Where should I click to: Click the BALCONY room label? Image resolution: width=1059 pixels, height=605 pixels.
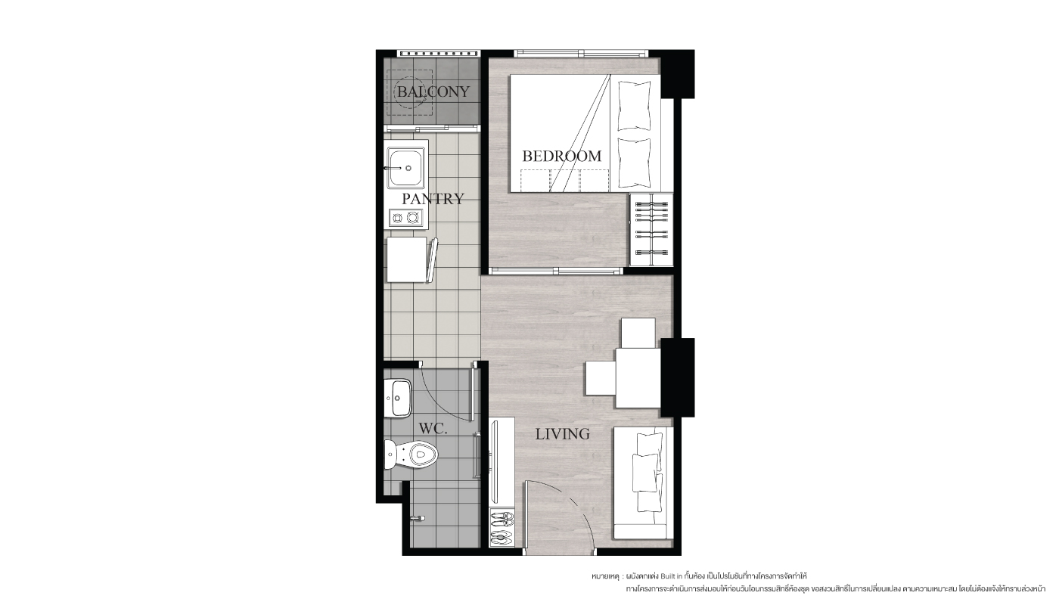pos(433,92)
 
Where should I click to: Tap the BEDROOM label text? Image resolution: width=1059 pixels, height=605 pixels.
pos(561,156)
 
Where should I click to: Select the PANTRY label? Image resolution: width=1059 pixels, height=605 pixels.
pos(433,199)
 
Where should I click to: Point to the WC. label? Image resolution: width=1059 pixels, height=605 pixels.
pos(433,429)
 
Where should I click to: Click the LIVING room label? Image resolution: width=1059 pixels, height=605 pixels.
pos(562,434)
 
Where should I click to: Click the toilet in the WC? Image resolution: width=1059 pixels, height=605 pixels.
pos(410,455)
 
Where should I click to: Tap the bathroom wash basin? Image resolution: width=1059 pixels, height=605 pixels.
pos(398,398)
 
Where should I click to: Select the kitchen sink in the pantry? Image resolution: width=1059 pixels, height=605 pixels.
pos(405,168)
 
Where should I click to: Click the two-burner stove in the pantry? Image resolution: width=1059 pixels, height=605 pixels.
pos(405,218)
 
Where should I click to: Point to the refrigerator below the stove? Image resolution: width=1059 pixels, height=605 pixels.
pos(407,259)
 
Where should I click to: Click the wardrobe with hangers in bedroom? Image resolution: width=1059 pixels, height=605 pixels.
pos(651,229)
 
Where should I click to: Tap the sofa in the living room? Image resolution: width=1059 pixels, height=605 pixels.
pos(644,483)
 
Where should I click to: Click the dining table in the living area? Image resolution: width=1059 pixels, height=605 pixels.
pos(638,377)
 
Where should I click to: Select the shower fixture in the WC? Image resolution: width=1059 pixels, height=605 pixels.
pos(418,518)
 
